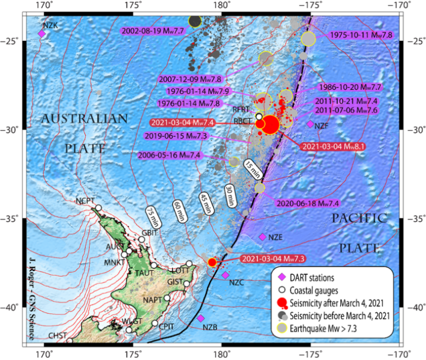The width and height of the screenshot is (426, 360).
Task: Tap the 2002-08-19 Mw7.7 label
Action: coord(152,30)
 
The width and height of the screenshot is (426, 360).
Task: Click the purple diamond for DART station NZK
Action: coord(42,34)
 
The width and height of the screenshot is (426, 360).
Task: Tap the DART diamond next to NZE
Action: coord(263,237)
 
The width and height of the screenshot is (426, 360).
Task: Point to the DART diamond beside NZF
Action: coord(311,124)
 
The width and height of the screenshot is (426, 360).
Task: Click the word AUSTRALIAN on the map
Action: coord(84,119)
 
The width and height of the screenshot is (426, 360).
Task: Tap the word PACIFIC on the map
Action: coord(358,218)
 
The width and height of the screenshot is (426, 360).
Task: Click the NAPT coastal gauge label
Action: coord(152,299)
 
